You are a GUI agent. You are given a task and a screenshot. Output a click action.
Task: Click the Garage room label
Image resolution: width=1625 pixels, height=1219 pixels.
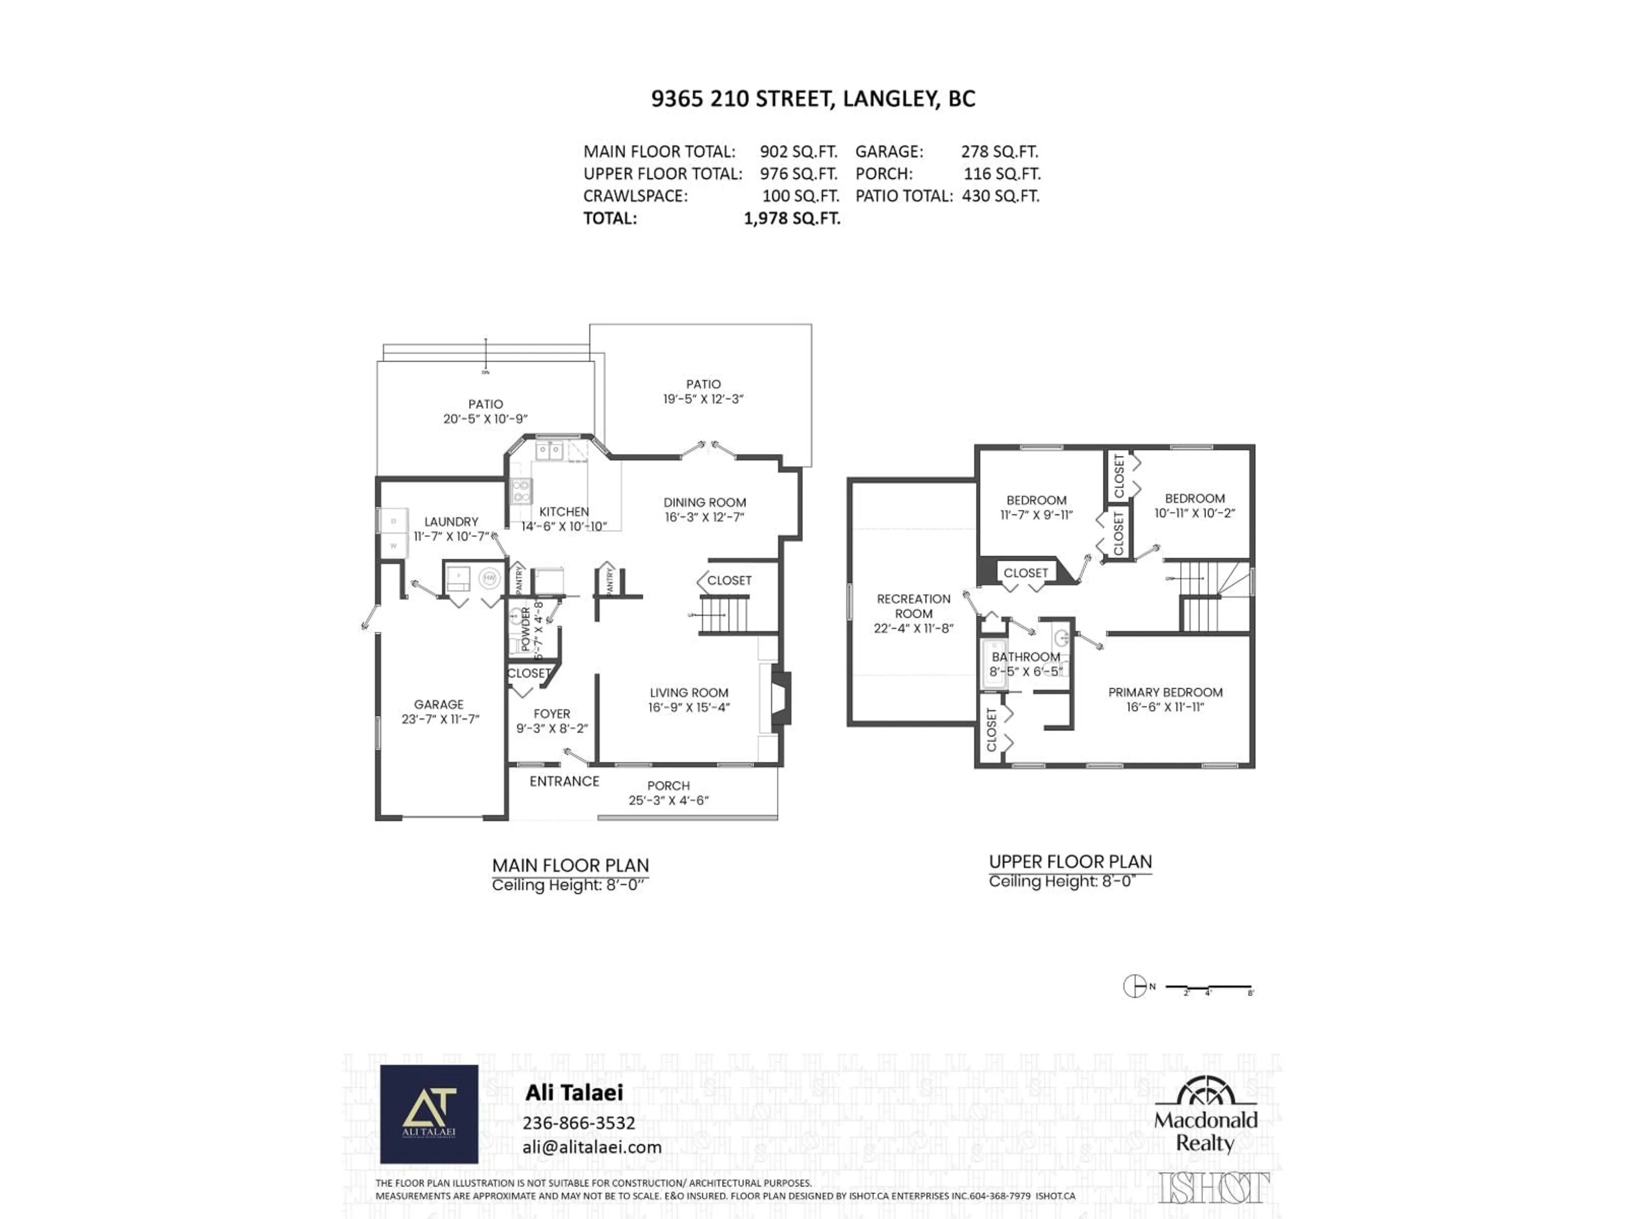click(x=438, y=704)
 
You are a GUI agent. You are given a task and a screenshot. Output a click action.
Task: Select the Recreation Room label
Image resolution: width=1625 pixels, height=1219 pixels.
click(x=913, y=606)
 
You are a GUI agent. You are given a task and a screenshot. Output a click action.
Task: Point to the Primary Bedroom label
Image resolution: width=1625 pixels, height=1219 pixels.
click(x=1165, y=692)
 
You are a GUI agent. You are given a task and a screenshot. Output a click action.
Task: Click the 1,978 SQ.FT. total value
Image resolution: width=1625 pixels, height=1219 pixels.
click(x=791, y=218)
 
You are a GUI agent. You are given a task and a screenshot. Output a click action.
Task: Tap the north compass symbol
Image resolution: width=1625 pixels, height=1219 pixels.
click(x=1135, y=986)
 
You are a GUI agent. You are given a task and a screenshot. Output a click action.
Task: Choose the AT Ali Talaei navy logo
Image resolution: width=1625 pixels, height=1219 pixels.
click(x=429, y=1114)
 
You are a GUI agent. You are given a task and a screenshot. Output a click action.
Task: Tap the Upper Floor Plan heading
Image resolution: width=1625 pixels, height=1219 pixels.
click(x=1070, y=862)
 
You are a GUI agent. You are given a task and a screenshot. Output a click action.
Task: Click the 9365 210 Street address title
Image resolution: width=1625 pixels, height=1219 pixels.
click(x=812, y=99)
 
